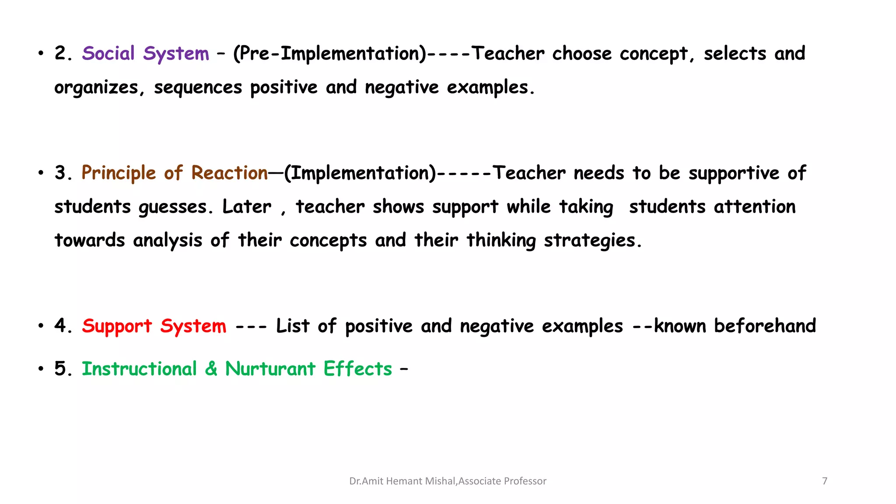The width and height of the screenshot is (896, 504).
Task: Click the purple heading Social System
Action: click(145, 54)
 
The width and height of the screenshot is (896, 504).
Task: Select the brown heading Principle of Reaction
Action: click(174, 173)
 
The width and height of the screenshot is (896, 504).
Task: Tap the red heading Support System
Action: click(154, 326)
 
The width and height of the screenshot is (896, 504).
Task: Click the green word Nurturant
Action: click(270, 369)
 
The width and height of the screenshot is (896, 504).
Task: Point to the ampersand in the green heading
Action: click(211, 369)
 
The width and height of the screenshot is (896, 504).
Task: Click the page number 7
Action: click(825, 481)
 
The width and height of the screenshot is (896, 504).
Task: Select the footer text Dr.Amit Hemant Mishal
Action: click(402, 481)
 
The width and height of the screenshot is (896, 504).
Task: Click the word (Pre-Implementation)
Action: click(329, 54)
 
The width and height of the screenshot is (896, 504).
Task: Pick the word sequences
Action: click(198, 88)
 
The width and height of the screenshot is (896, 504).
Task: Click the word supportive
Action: click(734, 173)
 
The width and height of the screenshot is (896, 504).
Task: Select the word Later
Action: click(247, 206)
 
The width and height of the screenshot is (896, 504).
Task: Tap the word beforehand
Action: click(765, 326)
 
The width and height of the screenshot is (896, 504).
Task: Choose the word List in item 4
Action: click(293, 326)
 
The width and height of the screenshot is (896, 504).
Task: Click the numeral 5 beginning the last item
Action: click(60, 369)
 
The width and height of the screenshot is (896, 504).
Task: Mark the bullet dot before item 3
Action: click(41, 173)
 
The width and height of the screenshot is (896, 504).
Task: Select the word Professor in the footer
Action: click(525, 481)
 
